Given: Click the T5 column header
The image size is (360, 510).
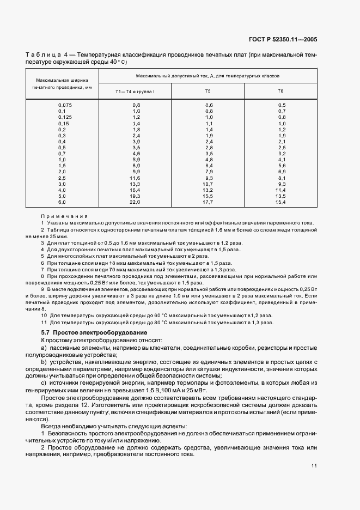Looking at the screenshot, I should (x=208, y=91).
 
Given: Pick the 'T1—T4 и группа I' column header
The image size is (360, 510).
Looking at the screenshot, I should (x=135, y=91).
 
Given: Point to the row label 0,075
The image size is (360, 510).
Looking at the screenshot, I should (x=65, y=105).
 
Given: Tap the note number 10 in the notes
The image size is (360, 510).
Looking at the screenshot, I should (x=44, y=315).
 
